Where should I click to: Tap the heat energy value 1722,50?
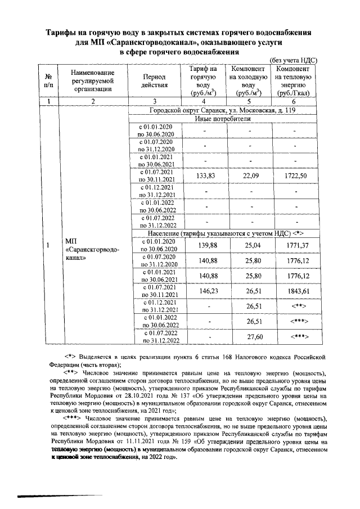point(295,175)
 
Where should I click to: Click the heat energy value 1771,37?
point(295,245)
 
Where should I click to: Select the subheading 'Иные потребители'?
point(223,119)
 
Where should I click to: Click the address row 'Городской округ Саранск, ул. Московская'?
point(223,111)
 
